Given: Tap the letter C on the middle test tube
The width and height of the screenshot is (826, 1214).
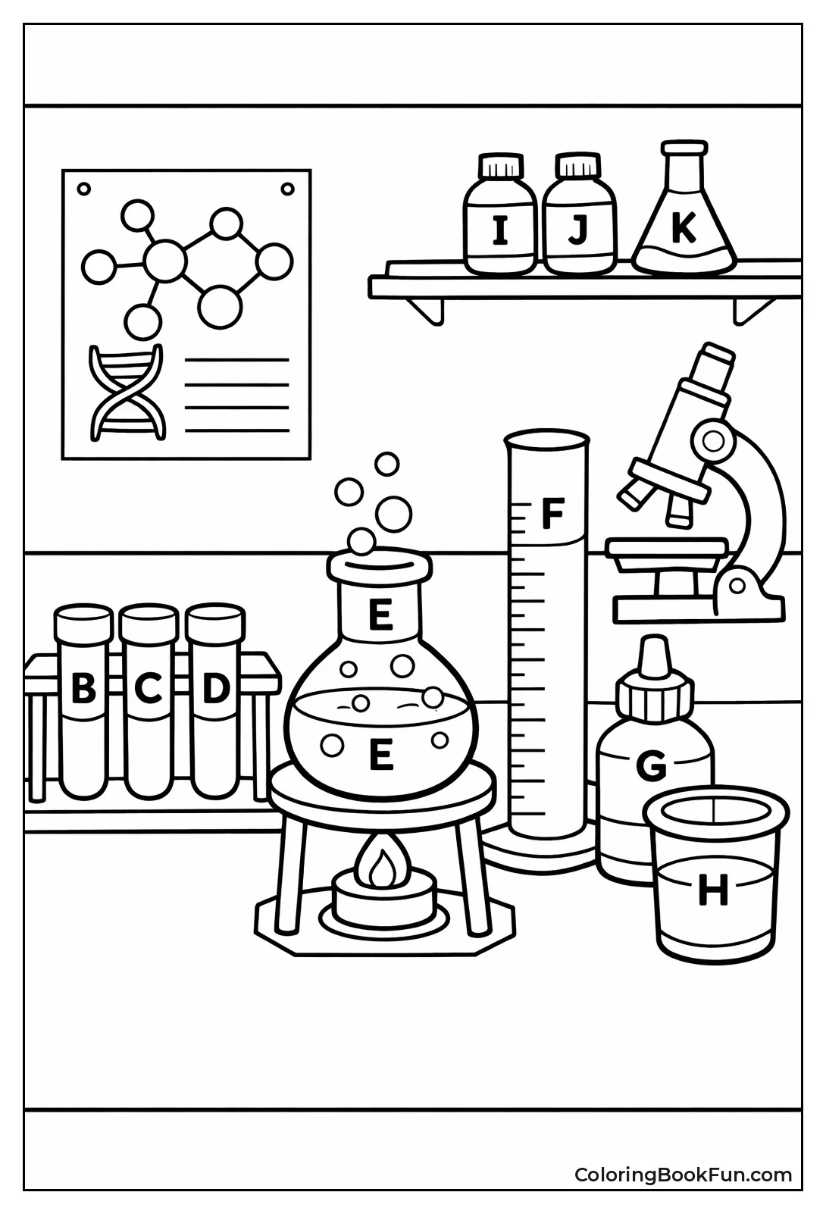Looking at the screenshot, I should [x=149, y=689].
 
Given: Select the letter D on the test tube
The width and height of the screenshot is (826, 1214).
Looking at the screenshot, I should [x=216, y=689].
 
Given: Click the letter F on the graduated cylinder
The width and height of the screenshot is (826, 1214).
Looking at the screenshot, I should [x=553, y=515].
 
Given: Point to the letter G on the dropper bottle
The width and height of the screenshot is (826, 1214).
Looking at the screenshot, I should [x=650, y=767].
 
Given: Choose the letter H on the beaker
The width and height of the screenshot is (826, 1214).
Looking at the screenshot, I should [x=712, y=890].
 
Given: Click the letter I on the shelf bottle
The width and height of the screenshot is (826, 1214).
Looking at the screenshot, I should [x=500, y=230].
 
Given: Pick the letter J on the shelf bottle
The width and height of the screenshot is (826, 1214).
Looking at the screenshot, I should [x=578, y=230].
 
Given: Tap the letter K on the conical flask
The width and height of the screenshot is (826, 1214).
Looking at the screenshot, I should [x=683, y=227].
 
